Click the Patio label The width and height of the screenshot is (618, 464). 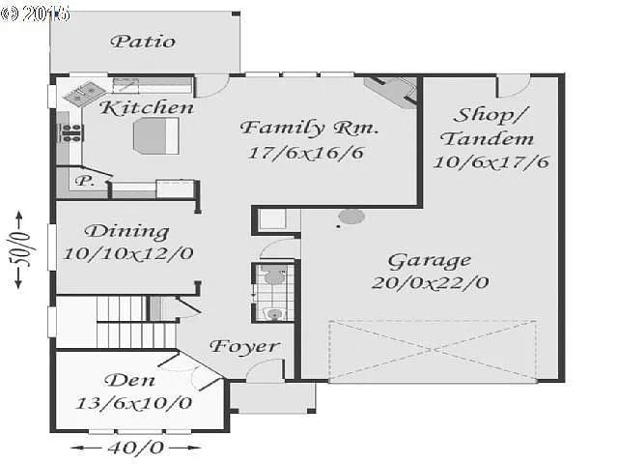[143, 41]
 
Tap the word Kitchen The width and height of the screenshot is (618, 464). [147, 107]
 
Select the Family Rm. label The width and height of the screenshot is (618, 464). [309, 128]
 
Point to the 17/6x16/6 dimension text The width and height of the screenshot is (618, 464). [299, 153]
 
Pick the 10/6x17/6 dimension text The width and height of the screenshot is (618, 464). [492, 161]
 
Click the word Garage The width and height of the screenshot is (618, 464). [430, 260]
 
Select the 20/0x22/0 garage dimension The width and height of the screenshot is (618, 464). [430, 282]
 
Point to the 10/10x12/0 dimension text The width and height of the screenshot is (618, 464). [128, 253]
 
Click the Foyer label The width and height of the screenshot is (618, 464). [244, 346]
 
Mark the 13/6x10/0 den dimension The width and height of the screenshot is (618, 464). [133, 403]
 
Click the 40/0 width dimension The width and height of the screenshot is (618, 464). [137, 448]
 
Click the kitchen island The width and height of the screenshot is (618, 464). [154, 137]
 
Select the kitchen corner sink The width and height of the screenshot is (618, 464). [77, 94]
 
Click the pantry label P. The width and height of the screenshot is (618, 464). [85, 181]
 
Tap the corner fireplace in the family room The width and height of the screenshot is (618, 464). [391, 93]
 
